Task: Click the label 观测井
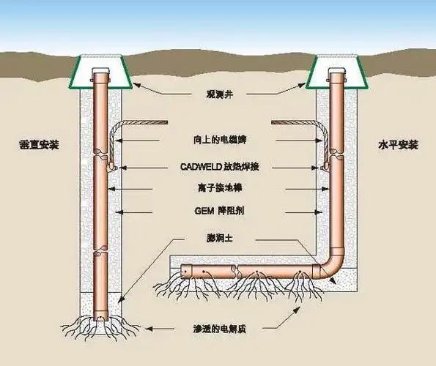point(218,94)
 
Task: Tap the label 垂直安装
point(40,144)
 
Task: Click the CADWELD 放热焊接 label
point(218,166)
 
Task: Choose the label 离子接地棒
point(218,189)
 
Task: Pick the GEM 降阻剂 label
point(218,212)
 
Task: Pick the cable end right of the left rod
point(163,122)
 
